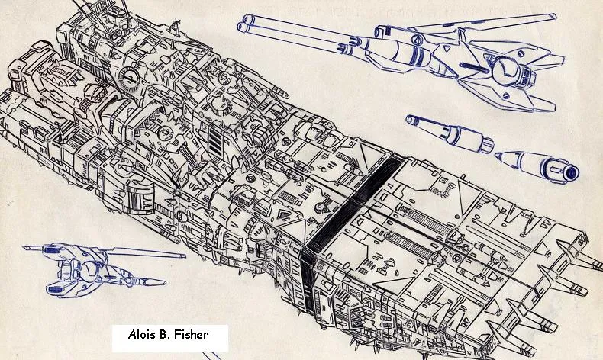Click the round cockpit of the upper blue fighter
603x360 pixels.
tap(504, 71)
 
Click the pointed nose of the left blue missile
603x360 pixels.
tap(408, 119)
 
